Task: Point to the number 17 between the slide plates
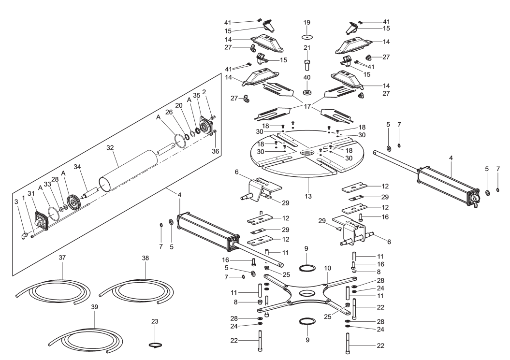307,106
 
